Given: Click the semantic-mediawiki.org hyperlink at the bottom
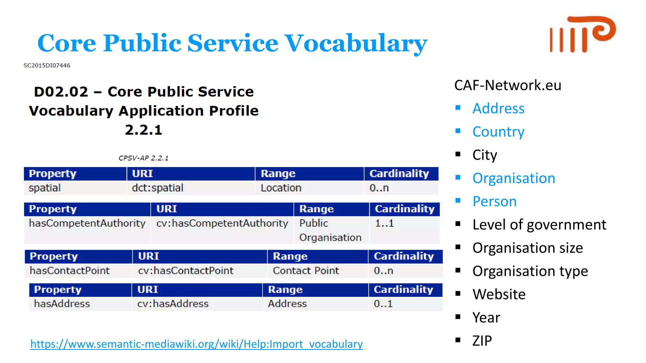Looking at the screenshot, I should pyautogui.click(x=196, y=344).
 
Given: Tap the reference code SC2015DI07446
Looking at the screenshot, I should pyautogui.click(x=47, y=66).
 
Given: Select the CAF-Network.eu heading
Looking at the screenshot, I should pyautogui.click(x=508, y=85).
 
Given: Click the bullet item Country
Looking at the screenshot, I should pyautogui.click(x=498, y=132).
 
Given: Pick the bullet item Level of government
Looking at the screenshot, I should pyautogui.click(x=539, y=225).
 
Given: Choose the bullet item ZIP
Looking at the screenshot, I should pyautogui.click(x=482, y=341).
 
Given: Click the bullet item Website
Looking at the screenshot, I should pyautogui.click(x=499, y=294).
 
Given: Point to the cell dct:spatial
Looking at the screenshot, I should pyautogui.click(x=157, y=188).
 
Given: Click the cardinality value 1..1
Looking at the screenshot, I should pyautogui.click(x=384, y=223).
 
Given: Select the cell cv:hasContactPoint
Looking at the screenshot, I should pyautogui.click(x=185, y=271).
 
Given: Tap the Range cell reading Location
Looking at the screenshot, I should pyautogui.click(x=281, y=188).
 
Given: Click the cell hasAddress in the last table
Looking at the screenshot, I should pyautogui.click(x=62, y=304).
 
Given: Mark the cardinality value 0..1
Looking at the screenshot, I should pyautogui.click(x=383, y=304).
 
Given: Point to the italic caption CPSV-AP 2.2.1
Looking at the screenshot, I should pyautogui.click(x=143, y=158).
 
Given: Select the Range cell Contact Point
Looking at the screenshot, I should pyautogui.click(x=306, y=271).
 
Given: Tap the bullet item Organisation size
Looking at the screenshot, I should pyautogui.click(x=527, y=248).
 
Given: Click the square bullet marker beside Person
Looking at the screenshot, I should pyautogui.click(x=458, y=200).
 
